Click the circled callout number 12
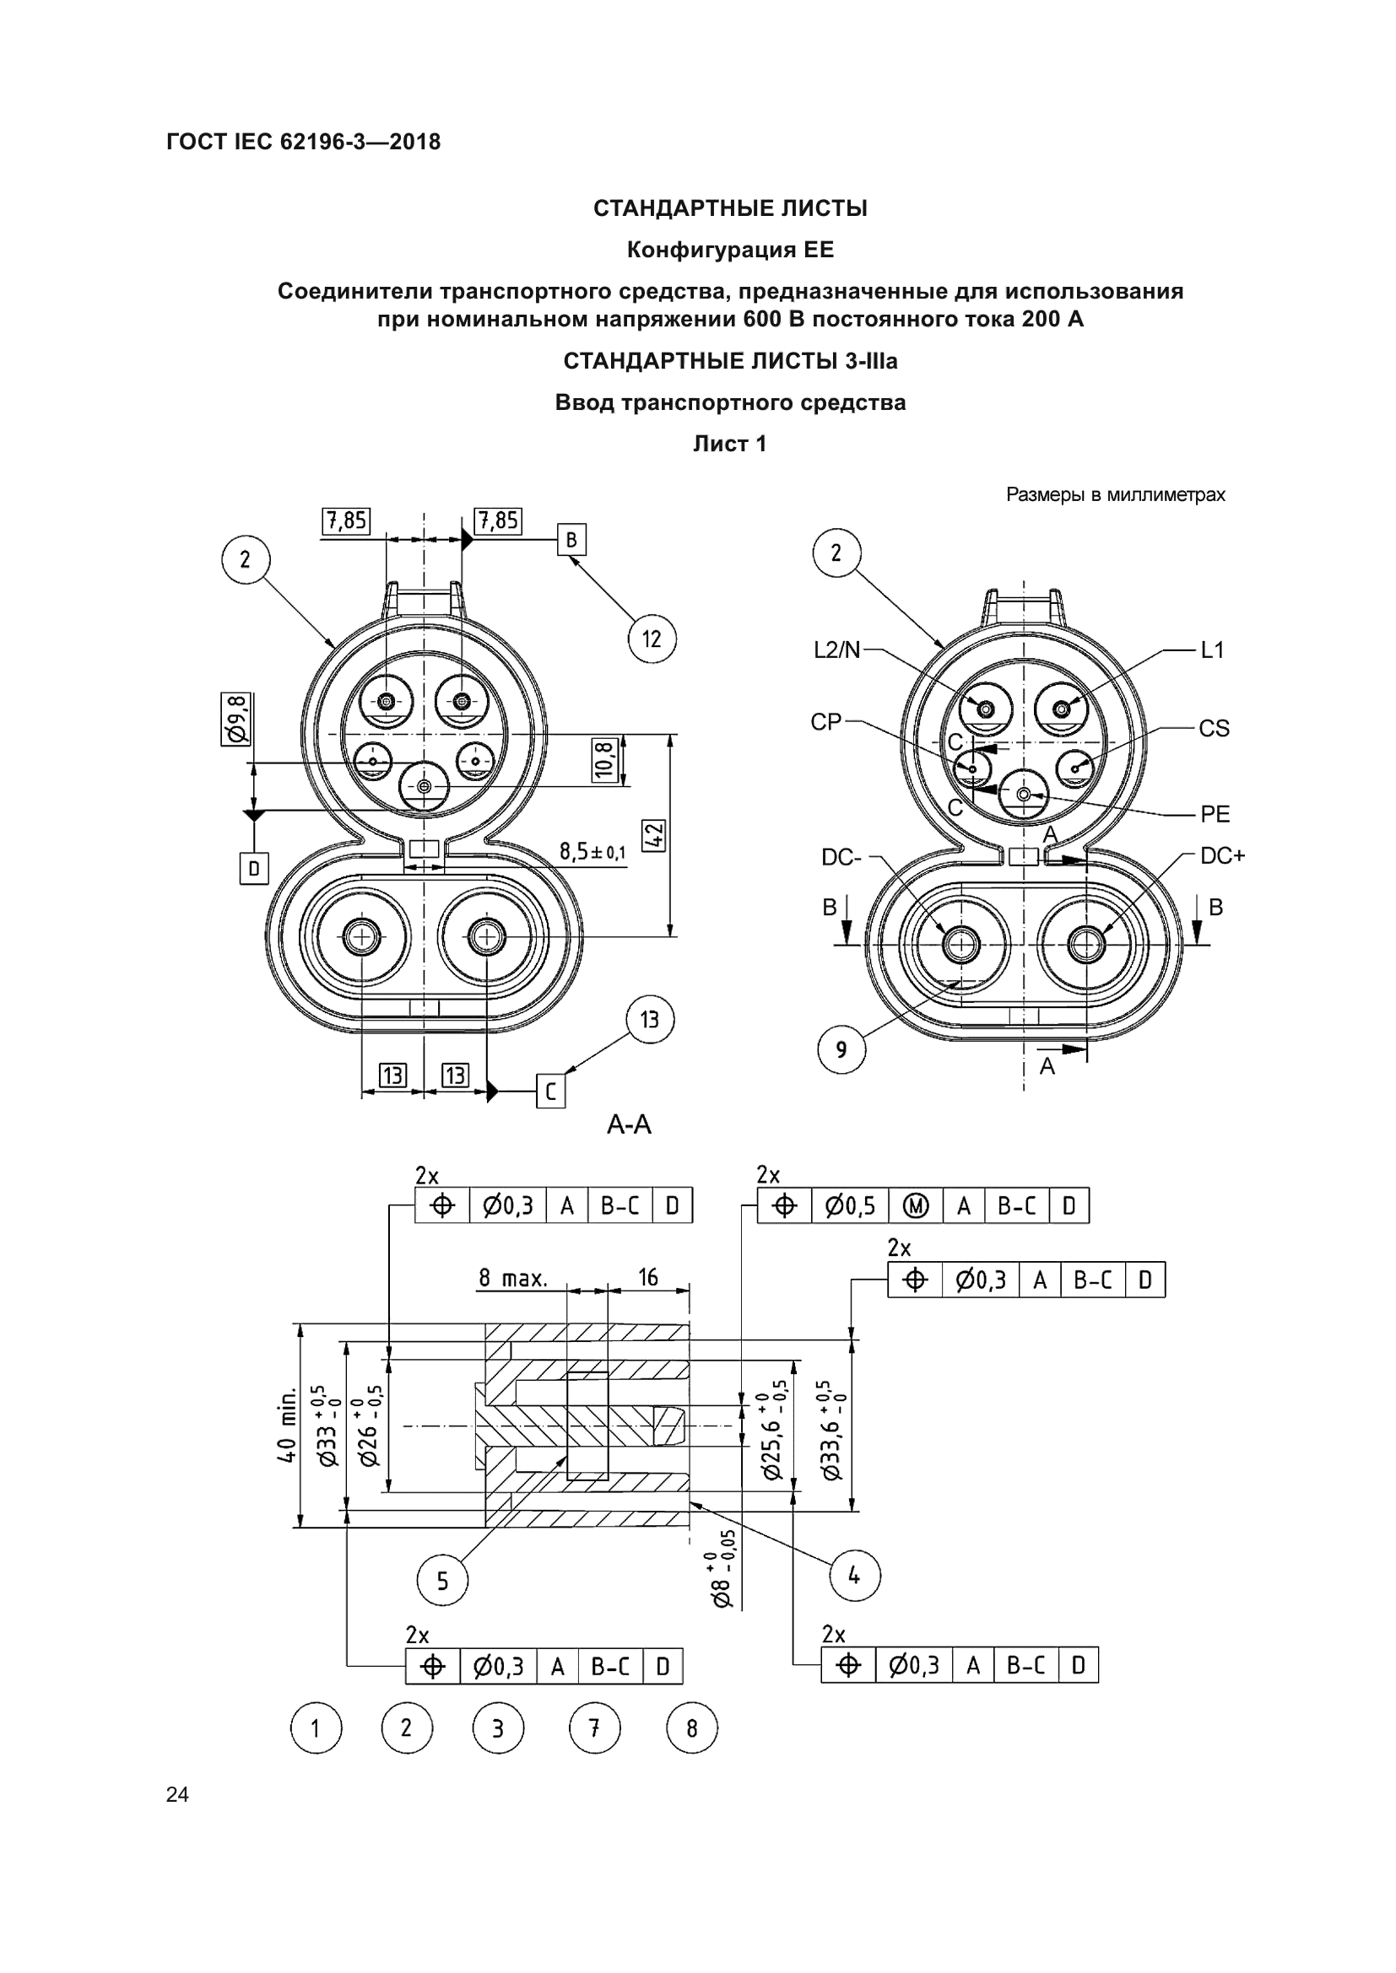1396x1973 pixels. tap(652, 639)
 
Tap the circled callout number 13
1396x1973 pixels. tap(649, 1019)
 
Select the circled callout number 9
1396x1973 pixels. tap(841, 1049)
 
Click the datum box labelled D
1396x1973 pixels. tap(253, 868)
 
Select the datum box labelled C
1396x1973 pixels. tap(551, 1091)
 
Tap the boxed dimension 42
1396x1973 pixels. tap(653, 835)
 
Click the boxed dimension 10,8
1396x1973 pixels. tap(605, 759)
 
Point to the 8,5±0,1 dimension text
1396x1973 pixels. tap(593, 852)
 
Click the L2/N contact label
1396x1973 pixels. tap(836, 650)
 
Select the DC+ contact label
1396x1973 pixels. tap(1222, 856)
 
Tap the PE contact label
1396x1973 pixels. tap(1215, 814)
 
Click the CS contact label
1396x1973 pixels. tap(1214, 729)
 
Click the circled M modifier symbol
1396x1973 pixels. tap(916, 1206)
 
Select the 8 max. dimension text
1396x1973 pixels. tap(512, 1278)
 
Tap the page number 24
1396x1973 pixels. tap(177, 1794)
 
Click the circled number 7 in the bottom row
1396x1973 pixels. tap(594, 1728)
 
